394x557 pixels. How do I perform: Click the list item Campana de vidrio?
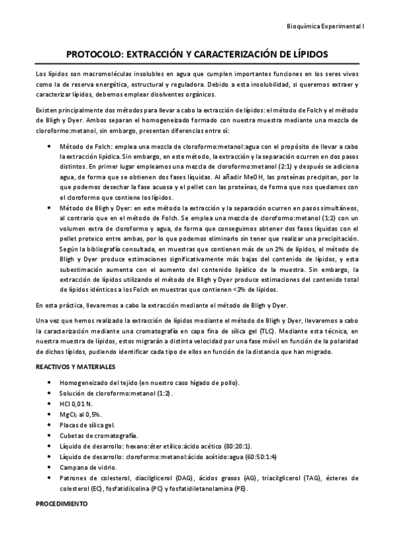tap(89, 467)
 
